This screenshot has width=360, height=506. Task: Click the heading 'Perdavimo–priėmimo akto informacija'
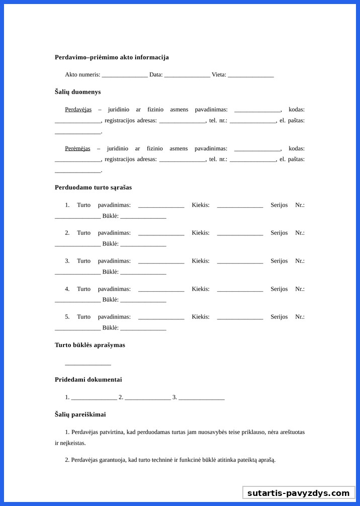pos(112,57)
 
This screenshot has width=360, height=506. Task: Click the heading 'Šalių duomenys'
pos(77,92)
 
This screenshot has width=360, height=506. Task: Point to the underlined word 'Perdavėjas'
pos(78,110)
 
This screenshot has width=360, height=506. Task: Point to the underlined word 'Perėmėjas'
pos(77,149)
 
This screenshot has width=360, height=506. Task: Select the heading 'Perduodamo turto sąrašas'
pos(93,188)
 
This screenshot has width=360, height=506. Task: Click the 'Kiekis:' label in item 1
pos(201,205)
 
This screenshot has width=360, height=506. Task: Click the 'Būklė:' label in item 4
pos(110,300)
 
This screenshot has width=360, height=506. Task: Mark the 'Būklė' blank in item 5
pos(143,328)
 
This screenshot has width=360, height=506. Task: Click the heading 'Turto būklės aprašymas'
pos(90,345)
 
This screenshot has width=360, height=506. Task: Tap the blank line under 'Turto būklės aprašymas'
pos(88,364)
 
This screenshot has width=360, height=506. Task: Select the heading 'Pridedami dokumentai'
pos(88,380)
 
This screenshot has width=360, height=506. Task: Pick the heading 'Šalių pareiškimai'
pos(80,415)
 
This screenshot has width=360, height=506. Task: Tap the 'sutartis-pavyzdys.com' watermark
pos(298,493)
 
